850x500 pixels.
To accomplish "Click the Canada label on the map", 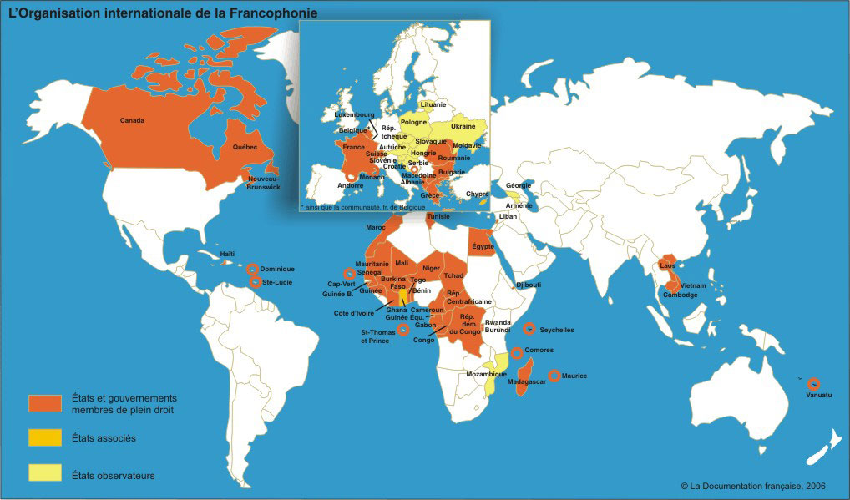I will tap(132, 120).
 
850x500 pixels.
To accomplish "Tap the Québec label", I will tap(245, 147).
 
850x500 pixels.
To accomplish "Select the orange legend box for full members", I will tap(46, 403).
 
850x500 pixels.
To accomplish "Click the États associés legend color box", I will tap(46, 437).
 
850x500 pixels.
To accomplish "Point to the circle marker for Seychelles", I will tap(529, 329).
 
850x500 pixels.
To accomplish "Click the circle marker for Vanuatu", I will tap(813, 384).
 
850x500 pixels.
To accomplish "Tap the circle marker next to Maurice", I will tap(554, 376).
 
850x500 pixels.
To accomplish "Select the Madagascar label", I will tap(526, 381).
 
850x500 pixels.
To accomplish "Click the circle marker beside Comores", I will tap(518, 352).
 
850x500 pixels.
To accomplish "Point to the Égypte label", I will tap(483, 246).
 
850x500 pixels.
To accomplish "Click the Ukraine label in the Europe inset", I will tap(463, 126).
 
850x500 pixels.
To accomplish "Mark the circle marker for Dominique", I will tap(252, 269).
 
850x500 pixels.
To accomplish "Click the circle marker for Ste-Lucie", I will tap(255, 282).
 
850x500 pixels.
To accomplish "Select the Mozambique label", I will tap(485, 374).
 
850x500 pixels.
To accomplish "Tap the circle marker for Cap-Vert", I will tap(348, 273).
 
